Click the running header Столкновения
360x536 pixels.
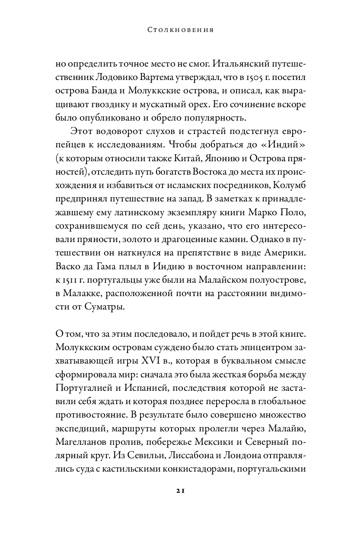click(180, 31)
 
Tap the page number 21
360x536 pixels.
click(180, 491)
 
